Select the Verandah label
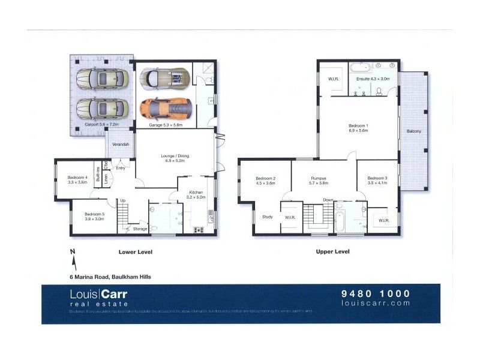(x=121, y=145)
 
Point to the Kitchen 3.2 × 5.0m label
(x=196, y=194)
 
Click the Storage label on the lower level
(x=140, y=229)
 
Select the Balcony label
(x=413, y=131)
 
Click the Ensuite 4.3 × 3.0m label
(x=373, y=79)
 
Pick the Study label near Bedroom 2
(x=267, y=217)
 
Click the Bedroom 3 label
(x=377, y=181)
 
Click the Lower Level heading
(x=136, y=252)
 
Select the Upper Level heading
(x=332, y=252)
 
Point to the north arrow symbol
(x=73, y=259)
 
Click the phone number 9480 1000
(x=376, y=293)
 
